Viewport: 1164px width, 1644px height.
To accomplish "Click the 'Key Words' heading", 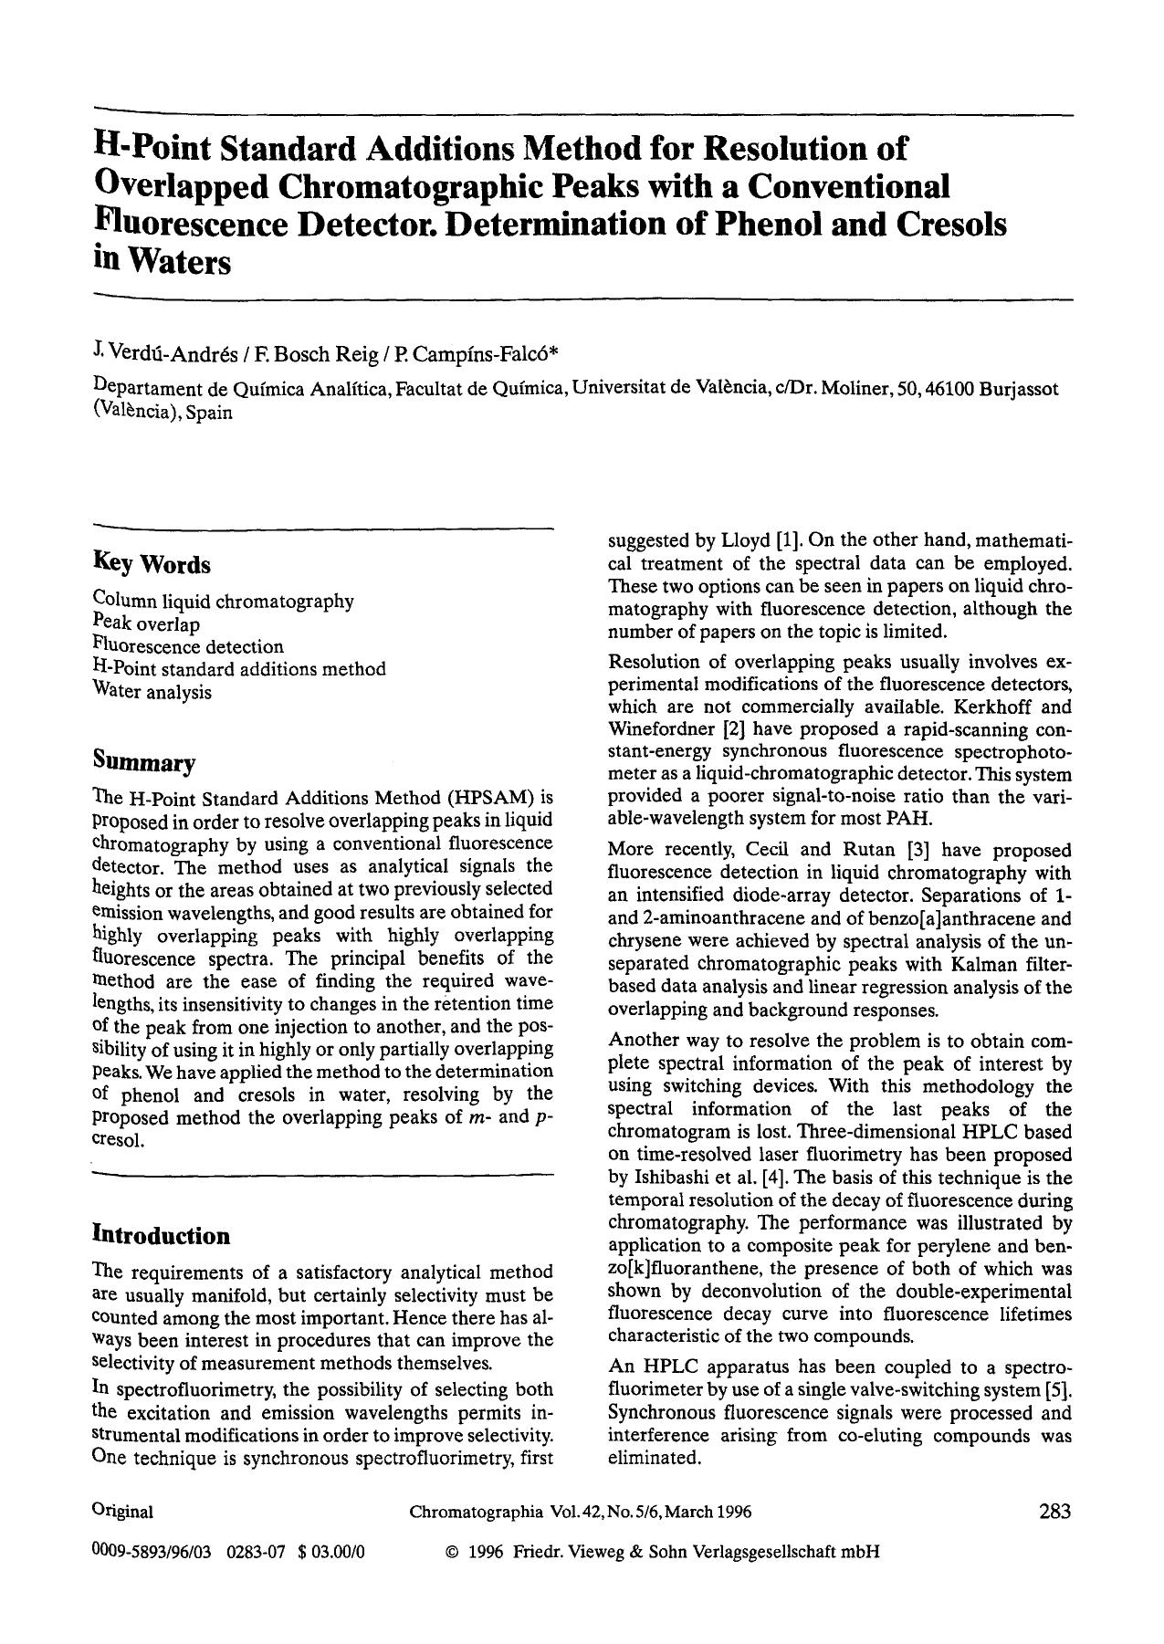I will click(152, 564).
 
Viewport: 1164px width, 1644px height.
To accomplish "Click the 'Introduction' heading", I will click(161, 1235).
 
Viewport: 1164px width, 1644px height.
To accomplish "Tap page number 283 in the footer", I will click(1054, 1511).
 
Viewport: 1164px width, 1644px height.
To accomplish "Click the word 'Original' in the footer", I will click(122, 1512).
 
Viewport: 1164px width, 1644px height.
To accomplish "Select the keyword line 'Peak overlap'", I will click(146, 624).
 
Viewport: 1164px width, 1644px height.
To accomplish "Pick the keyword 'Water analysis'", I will click(152, 692).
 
